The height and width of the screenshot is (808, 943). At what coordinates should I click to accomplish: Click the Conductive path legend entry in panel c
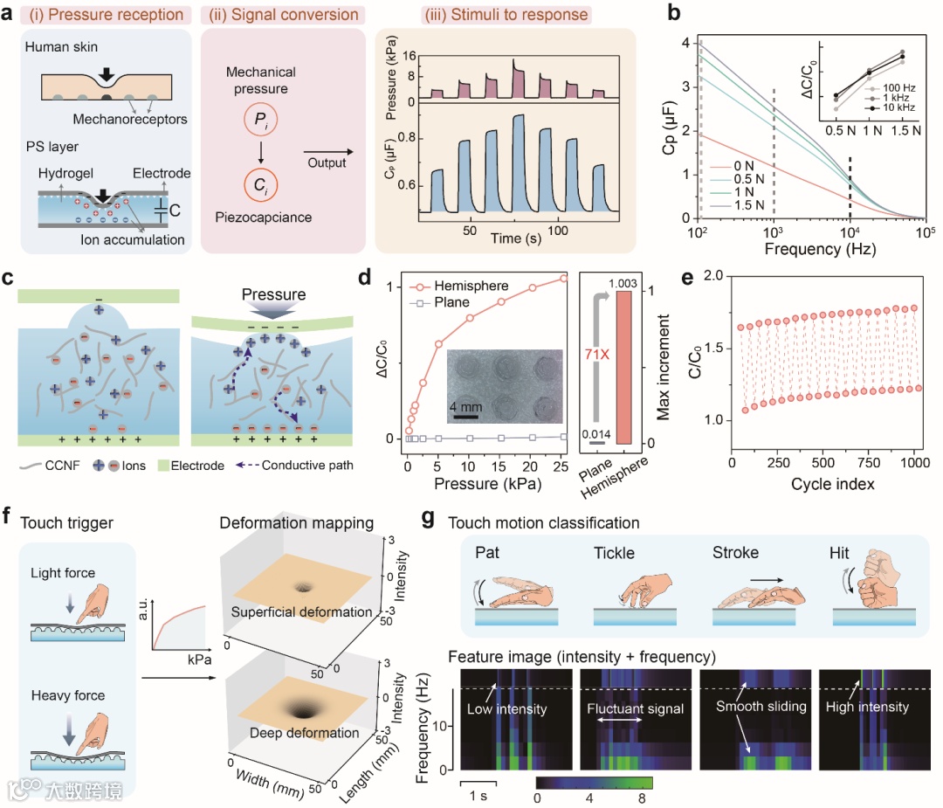312,465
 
